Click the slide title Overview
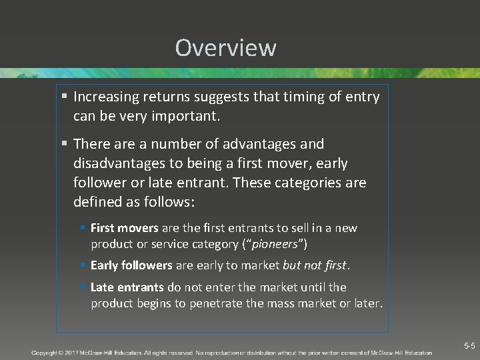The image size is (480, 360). click(x=225, y=48)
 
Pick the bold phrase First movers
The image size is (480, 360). click(x=124, y=228)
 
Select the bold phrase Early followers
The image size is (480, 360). click(x=131, y=265)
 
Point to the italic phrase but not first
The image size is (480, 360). click(x=315, y=265)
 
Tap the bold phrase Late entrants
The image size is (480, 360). click(x=127, y=287)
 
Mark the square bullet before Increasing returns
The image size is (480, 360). click(x=64, y=97)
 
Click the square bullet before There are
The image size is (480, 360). click(x=64, y=144)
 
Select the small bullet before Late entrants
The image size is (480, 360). click(x=83, y=287)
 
